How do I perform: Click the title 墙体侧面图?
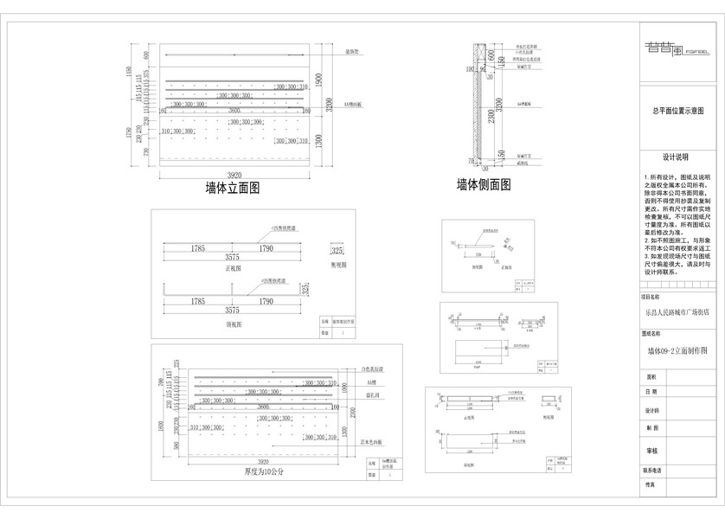(x=483, y=184)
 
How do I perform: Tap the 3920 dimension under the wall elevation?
(x=233, y=175)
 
